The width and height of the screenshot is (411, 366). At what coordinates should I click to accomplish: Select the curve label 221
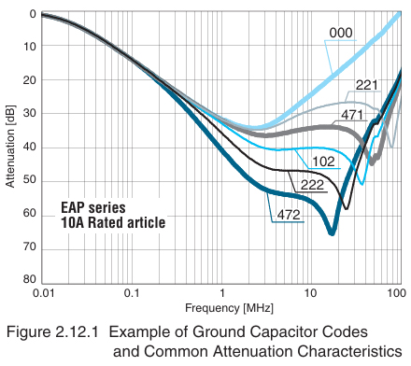pyautogui.click(x=366, y=86)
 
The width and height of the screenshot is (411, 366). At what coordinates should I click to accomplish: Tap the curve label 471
pyautogui.click(x=350, y=114)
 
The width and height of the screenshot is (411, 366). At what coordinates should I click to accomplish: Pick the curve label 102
pyautogui.click(x=322, y=160)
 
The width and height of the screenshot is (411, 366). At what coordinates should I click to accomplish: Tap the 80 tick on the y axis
pyautogui.click(x=30, y=279)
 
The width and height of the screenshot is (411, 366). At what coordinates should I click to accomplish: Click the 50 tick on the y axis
pyautogui.click(x=30, y=179)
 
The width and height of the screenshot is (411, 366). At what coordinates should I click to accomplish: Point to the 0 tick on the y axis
pyautogui.click(x=33, y=14)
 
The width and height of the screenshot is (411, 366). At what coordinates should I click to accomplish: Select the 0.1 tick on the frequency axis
pyautogui.click(x=133, y=293)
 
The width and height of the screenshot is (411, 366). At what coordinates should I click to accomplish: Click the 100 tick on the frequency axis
pyautogui.click(x=394, y=293)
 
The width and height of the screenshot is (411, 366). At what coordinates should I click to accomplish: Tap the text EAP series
pyautogui.click(x=93, y=207)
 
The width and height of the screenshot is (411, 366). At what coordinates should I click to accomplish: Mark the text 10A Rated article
pyautogui.click(x=113, y=223)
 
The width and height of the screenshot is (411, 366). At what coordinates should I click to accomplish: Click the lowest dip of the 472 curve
pyautogui.click(x=332, y=232)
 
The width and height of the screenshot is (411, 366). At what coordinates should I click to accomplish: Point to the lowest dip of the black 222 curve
pyautogui.click(x=346, y=207)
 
